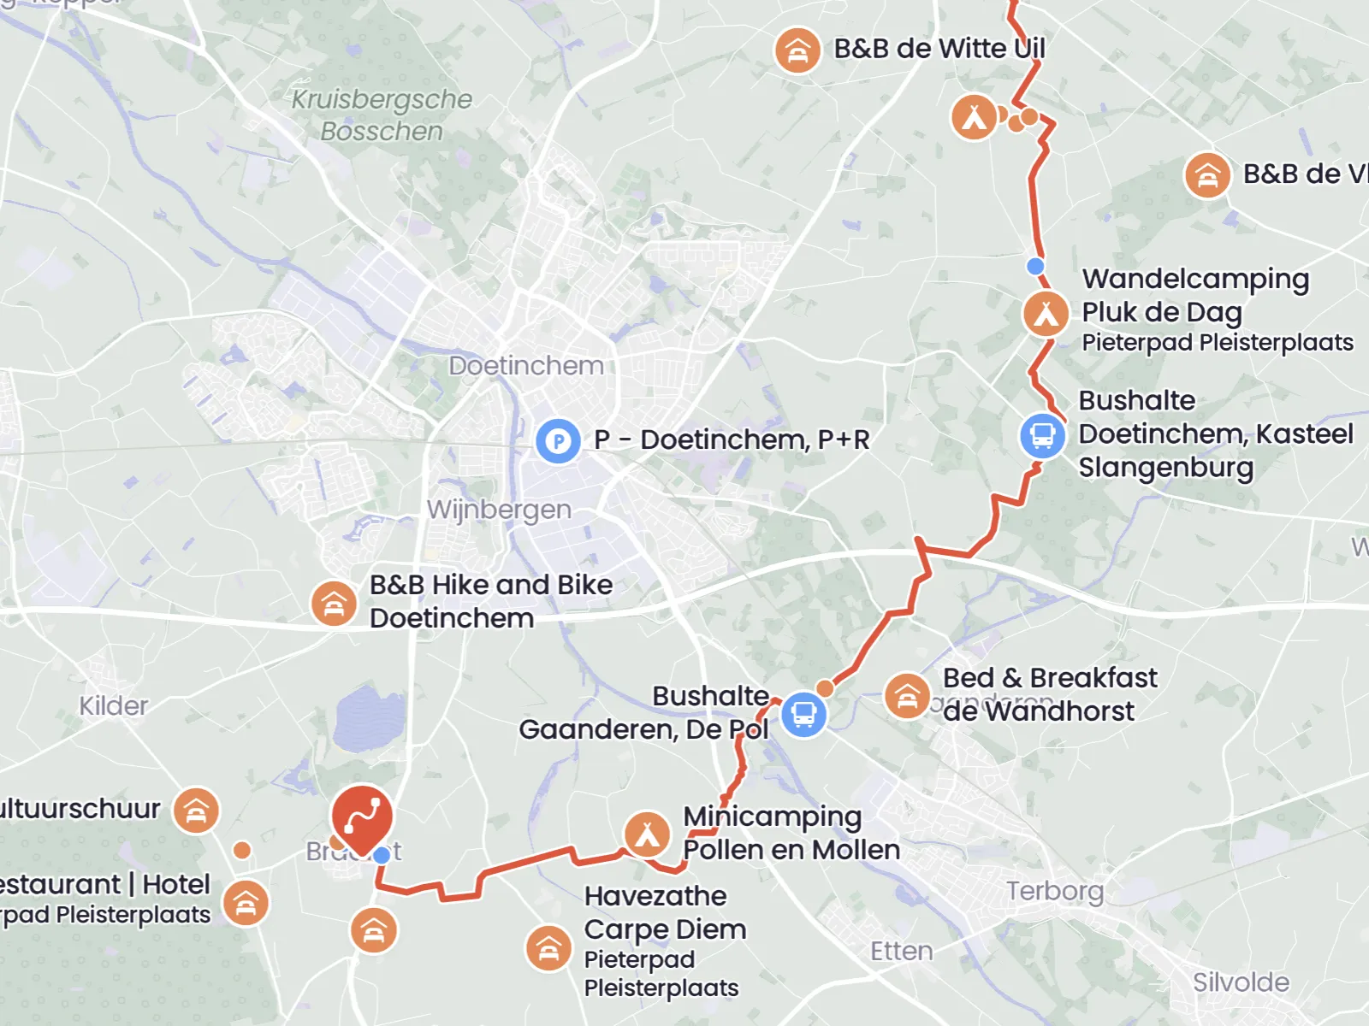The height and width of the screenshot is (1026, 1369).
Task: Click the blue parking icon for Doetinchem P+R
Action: tap(558, 441)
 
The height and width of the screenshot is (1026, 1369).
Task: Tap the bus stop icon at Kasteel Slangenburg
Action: tap(1042, 435)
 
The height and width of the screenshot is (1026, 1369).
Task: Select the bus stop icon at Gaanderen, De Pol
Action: tap(803, 713)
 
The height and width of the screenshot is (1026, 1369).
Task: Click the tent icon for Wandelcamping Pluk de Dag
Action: tap(1046, 314)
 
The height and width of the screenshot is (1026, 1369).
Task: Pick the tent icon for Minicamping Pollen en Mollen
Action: tap(647, 834)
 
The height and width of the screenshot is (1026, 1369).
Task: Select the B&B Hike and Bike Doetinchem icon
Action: tap(334, 603)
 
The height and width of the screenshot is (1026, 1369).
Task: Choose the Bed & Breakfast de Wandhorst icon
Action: tap(907, 696)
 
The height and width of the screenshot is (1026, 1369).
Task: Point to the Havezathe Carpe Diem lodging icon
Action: tap(548, 947)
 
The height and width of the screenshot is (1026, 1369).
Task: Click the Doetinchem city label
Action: tap(526, 366)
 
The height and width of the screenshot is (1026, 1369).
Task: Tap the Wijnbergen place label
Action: tap(499, 510)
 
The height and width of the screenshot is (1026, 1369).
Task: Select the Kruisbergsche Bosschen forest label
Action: tap(382, 115)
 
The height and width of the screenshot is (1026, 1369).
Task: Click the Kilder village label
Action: tap(114, 705)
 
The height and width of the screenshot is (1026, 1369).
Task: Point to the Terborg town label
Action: tap(1054, 891)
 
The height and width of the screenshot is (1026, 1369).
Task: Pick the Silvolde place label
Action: tap(1241, 982)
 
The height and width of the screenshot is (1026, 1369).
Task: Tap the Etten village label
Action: tap(901, 951)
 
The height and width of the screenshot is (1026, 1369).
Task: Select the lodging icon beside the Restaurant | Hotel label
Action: tap(246, 903)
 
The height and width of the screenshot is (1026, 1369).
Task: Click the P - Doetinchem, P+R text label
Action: tap(732, 439)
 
